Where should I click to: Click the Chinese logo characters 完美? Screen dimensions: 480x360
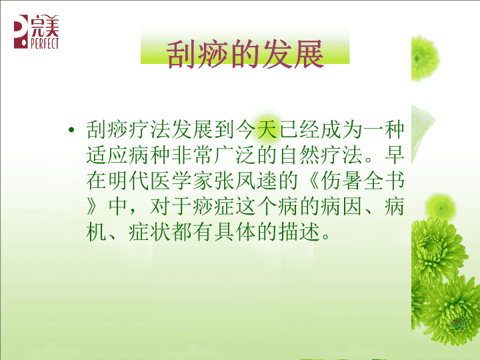pyautogui.click(x=45, y=26)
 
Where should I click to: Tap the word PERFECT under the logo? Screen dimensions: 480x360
pyautogui.click(x=45, y=43)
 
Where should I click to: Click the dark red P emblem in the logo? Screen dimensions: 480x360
pyautogui.click(x=21, y=31)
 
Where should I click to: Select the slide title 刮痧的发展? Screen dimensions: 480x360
pyautogui.click(x=245, y=54)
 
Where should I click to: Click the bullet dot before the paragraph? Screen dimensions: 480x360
pyautogui.click(x=71, y=130)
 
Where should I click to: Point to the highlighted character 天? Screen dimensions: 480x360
pyautogui.click(x=268, y=129)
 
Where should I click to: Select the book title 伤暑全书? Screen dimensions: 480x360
pyautogui.click(x=362, y=181)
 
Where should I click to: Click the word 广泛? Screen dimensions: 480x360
pyautogui.click(x=235, y=155)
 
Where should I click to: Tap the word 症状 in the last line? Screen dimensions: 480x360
pyautogui.click(x=149, y=232)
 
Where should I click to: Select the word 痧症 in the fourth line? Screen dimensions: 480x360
pyautogui.click(x=214, y=206)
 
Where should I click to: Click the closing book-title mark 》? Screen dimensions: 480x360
pyautogui.click(x=92, y=206)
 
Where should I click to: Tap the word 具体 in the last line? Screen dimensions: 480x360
pyautogui.click(x=235, y=232)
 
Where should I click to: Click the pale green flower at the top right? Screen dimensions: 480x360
pyautogui.click(x=424, y=58)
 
